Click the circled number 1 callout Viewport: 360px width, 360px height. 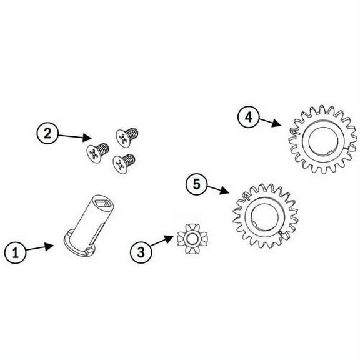pyautogui.click(x=16, y=252)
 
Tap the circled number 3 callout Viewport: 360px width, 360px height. pyautogui.click(x=141, y=252)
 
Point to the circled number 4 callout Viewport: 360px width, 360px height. pyautogui.click(x=249, y=117)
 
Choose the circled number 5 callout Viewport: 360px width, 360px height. pyautogui.click(x=197, y=184)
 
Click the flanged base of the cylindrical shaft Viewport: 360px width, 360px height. pyautogui.click(x=79, y=246)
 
